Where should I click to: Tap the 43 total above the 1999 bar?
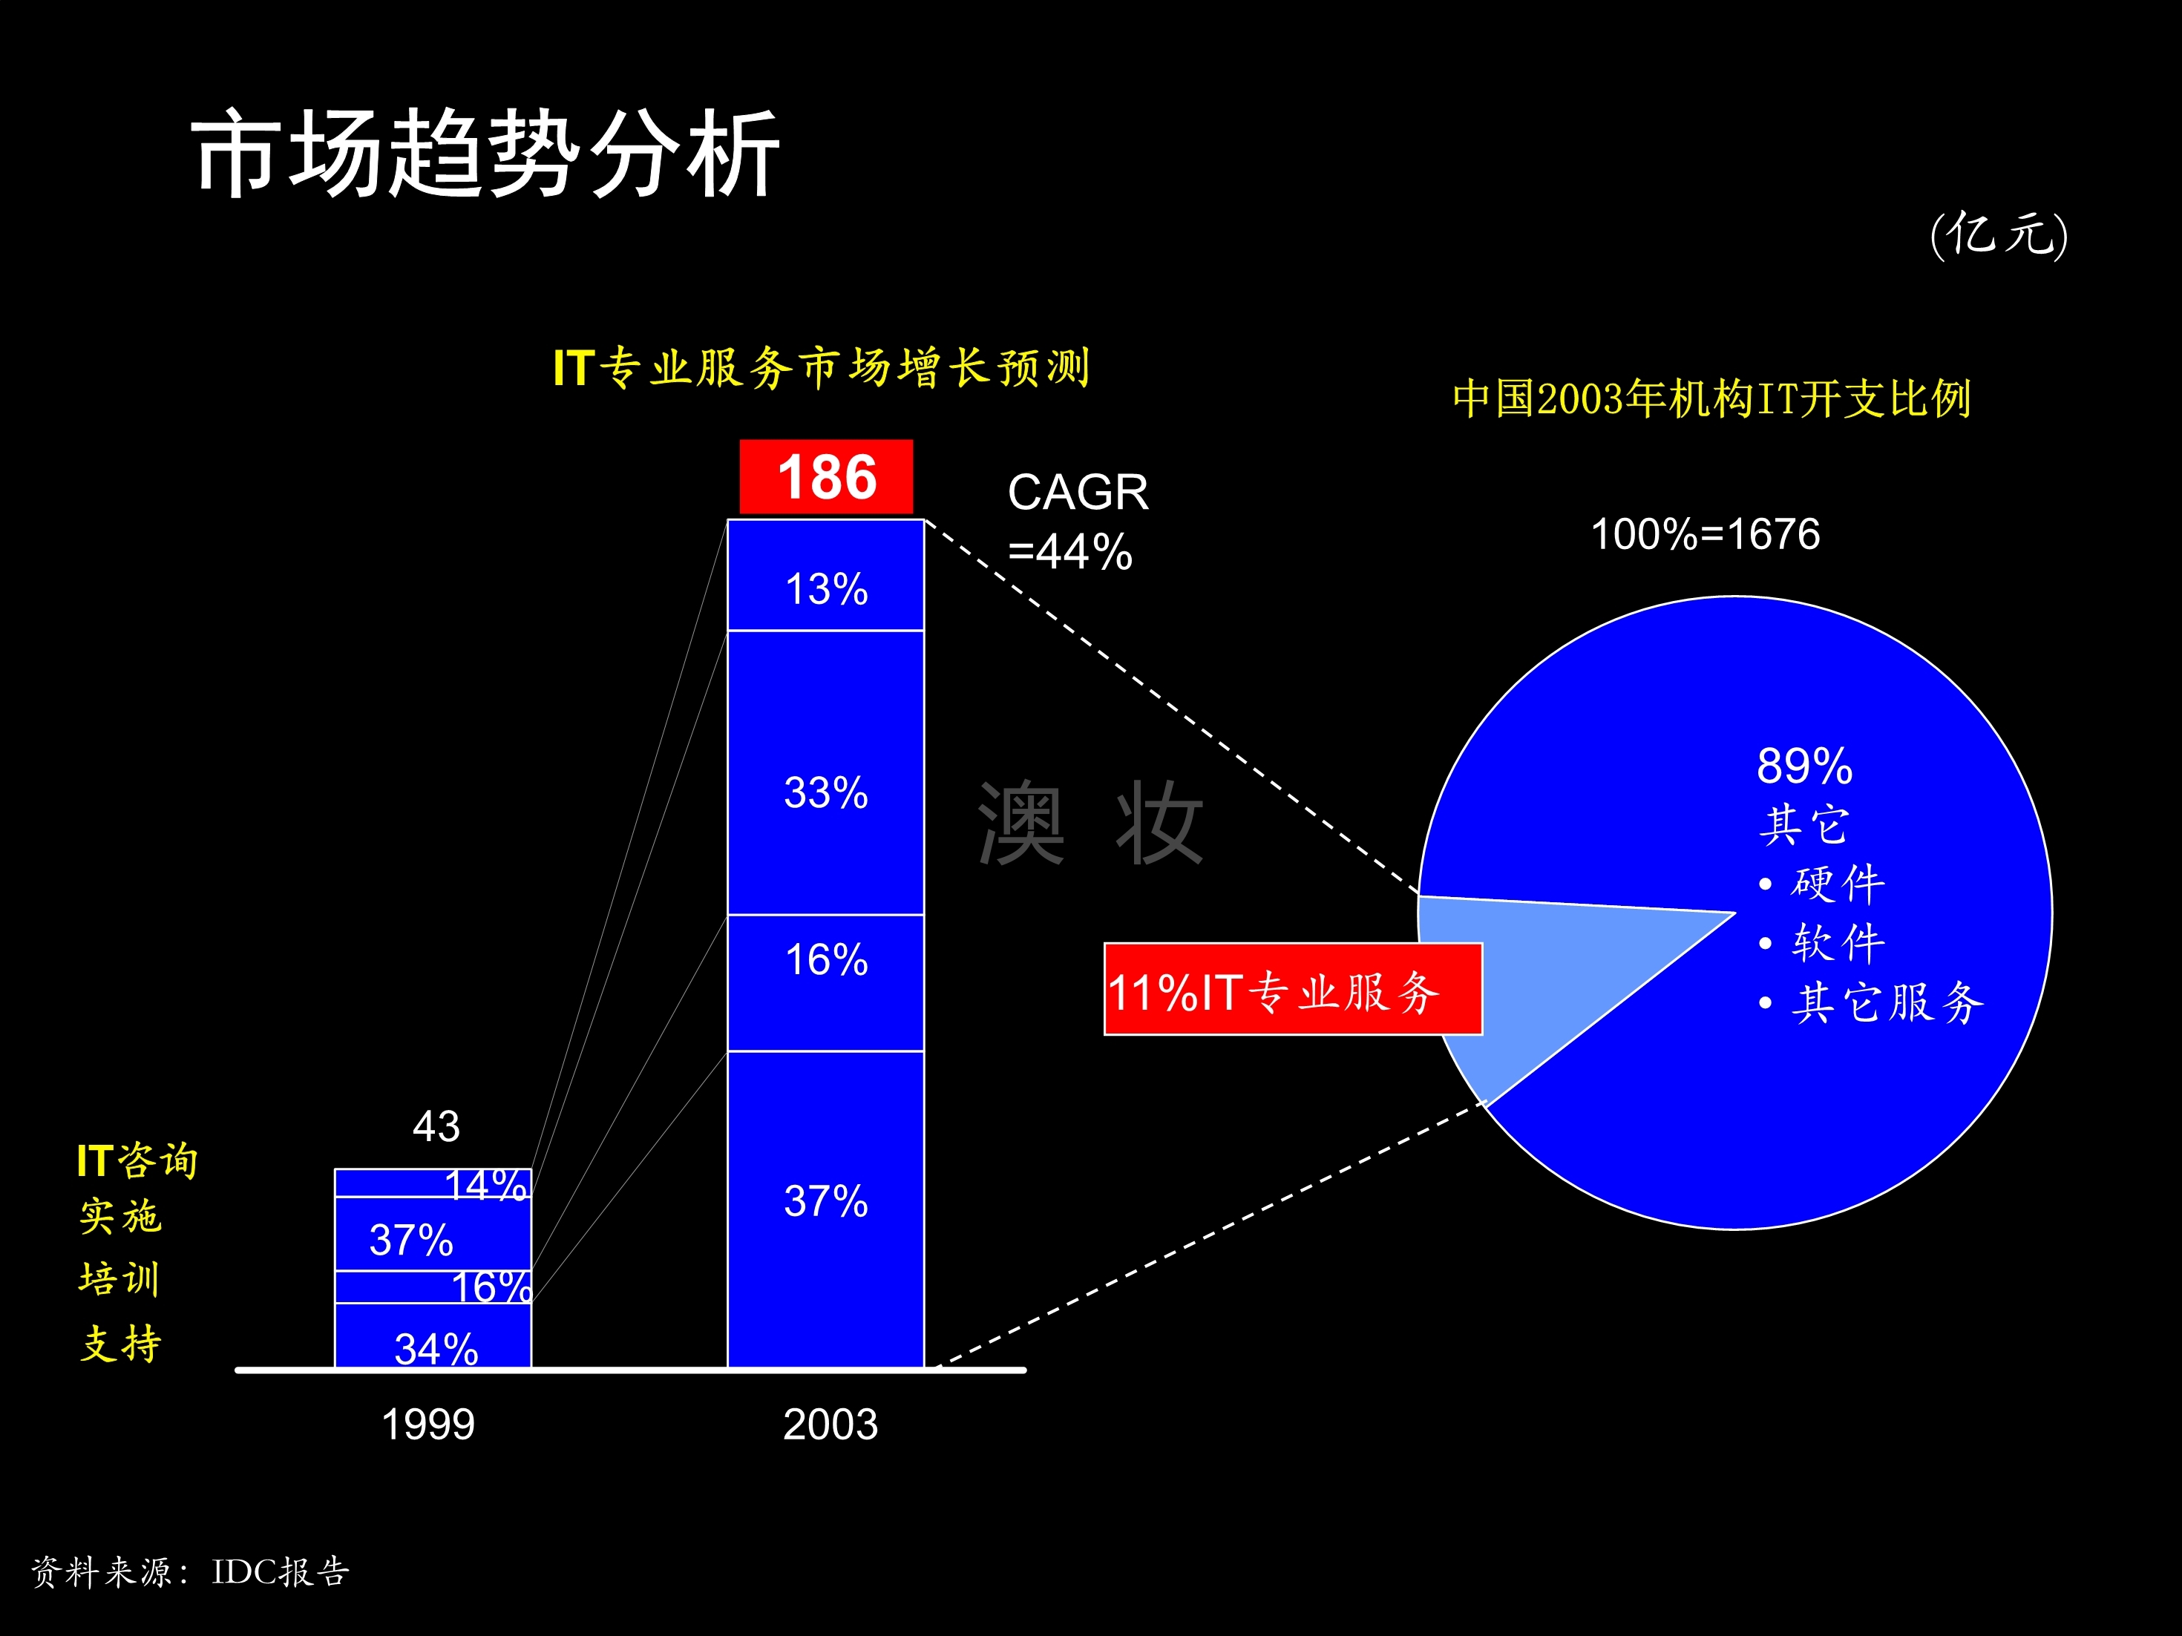coord(436,1126)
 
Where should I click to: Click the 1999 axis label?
coord(428,1424)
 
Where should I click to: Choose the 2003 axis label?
coord(830,1424)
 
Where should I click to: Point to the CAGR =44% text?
coord(1077,521)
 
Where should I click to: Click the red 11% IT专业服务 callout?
coord(1292,990)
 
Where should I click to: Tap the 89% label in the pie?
coord(1804,765)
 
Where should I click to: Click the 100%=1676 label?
coord(1705,533)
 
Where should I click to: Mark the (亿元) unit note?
coord(1999,234)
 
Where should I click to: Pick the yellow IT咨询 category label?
coord(137,1160)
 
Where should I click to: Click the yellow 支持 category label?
coord(120,1343)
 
